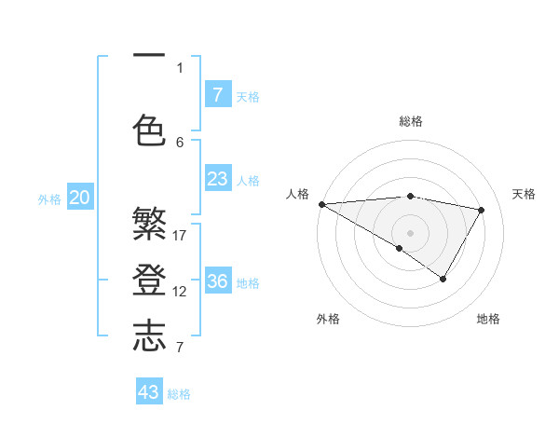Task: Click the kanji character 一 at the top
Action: point(149,56)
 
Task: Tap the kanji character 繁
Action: point(149,225)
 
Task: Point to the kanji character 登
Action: point(149,281)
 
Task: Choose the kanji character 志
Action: point(149,336)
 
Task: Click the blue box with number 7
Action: point(217,94)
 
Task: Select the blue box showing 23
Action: point(217,179)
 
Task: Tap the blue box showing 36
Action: point(217,281)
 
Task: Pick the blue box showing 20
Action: point(80,198)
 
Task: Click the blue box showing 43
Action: point(149,392)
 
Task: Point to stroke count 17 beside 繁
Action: point(181,235)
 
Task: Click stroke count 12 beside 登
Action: point(181,291)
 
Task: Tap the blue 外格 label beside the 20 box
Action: point(49,198)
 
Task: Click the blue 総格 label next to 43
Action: point(179,394)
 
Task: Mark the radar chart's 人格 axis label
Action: point(297,194)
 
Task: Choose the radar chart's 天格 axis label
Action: point(524,194)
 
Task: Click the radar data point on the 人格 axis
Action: point(321,203)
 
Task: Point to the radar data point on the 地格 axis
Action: point(443,279)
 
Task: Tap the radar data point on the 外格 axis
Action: point(399,248)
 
